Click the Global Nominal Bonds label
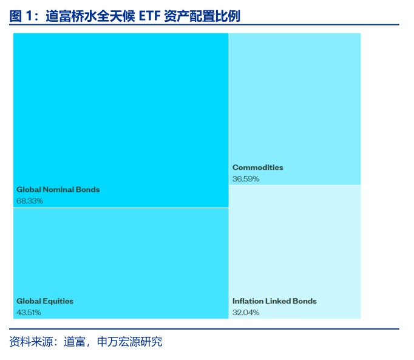click(x=58, y=189)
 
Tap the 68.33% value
click(x=30, y=201)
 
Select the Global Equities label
click(x=45, y=301)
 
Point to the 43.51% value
click(x=29, y=313)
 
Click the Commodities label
click(x=258, y=168)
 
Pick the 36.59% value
click(x=246, y=179)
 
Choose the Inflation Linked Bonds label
click(x=274, y=301)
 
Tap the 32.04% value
click(x=246, y=313)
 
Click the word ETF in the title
click(x=150, y=16)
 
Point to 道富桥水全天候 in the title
click(x=90, y=16)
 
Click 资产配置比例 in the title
click(x=202, y=16)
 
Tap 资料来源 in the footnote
click(x=31, y=342)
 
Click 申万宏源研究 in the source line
click(x=130, y=342)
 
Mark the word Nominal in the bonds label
click(x=58, y=189)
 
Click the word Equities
click(x=58, y=301)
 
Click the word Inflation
click(x=248, y=301)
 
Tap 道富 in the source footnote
click(x=75, y=342)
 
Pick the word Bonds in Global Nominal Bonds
click(x=88, y=189)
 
